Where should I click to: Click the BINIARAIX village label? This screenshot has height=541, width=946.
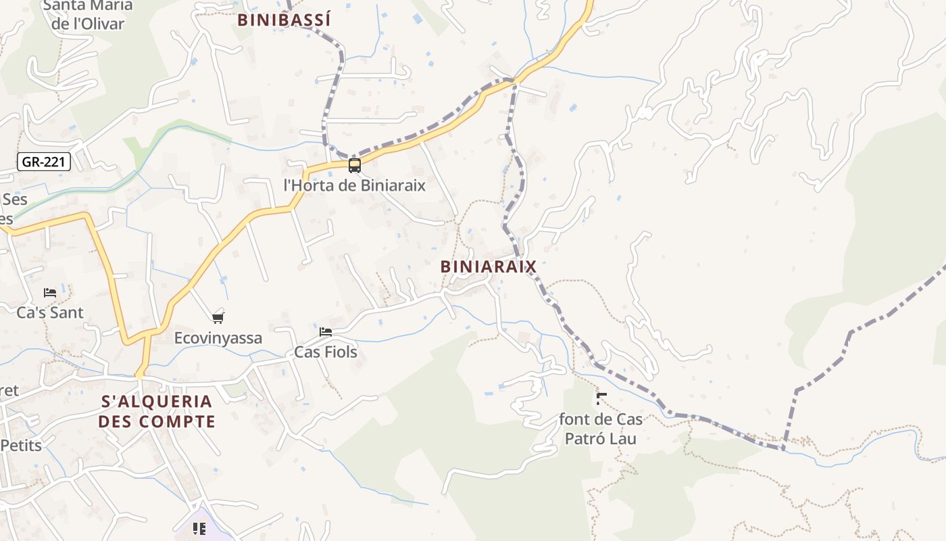pyautogui.click(x=488, y=266)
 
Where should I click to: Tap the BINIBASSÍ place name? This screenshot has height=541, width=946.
pyautogui.click(x=284, y=20)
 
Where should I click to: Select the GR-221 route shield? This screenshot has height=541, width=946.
pyautogui.click(x=44, y=162)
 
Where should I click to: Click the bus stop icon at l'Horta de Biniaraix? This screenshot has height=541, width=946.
pyautogui.click(x=355, y=166)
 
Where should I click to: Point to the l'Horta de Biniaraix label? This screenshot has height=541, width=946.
pyautogui.click(x=355, y=185)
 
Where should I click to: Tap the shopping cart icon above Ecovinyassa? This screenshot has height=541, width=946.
pyautogui.click(x=218, y=318)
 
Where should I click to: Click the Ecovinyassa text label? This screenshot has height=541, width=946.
pyautogui.click(x=218, y=338)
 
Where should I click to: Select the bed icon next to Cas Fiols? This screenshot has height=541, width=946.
pyautogui.click(x=326, y=332)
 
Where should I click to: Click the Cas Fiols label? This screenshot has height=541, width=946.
pyautogui.click(x=326, y=352)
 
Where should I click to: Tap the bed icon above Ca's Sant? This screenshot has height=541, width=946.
pyautogui.click(x=50, y=293)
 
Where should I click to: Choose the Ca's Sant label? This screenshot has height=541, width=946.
pyautogui.click(x=50, y=312)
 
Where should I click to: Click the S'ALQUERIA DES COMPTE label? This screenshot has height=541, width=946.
pyautogui.click(x=157, y=411)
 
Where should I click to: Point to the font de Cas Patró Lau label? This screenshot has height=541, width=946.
pyautogui.click(x=601, y=429)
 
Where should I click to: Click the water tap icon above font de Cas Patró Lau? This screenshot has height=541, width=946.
pyautogui.click(x=601, y=399)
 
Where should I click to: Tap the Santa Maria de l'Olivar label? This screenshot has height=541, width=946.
pyautogui.click(x=88, y=15)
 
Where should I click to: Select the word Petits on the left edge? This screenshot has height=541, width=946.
pyautogui.click(x=21, y=446)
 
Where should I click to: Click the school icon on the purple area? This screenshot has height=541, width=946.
pyautogui.click(x=199, y=528)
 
